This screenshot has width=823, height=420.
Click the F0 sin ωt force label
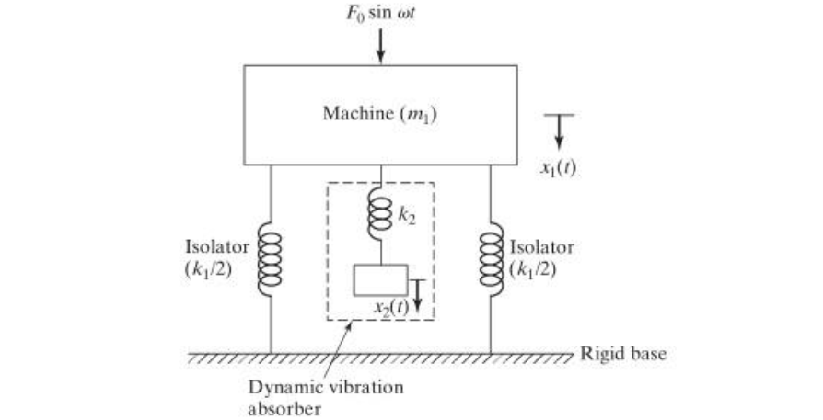tap(380, 12)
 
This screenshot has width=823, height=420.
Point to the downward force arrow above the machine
tap(380, 46)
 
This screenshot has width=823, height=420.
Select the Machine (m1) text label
tap(379, 114)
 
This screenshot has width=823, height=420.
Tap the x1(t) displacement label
tap(559, 168)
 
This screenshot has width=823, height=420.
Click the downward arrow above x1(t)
tap(559, 131)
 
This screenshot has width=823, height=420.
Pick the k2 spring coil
tap(380, 216)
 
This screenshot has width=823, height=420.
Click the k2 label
tap(407, 216)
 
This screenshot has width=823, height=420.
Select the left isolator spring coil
tap(270, 258)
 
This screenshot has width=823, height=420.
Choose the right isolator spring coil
tap(492, 258)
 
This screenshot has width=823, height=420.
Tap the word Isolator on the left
tap(216, 247)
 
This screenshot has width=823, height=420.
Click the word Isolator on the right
tap(541, 247)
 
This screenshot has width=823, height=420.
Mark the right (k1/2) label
tap(533, 269)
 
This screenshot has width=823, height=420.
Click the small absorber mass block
tap(380, 280)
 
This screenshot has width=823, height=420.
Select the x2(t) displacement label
tap(391, 307)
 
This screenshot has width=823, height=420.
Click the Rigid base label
tap(623, 354)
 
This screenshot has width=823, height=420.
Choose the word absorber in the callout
tap(284, 408)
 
